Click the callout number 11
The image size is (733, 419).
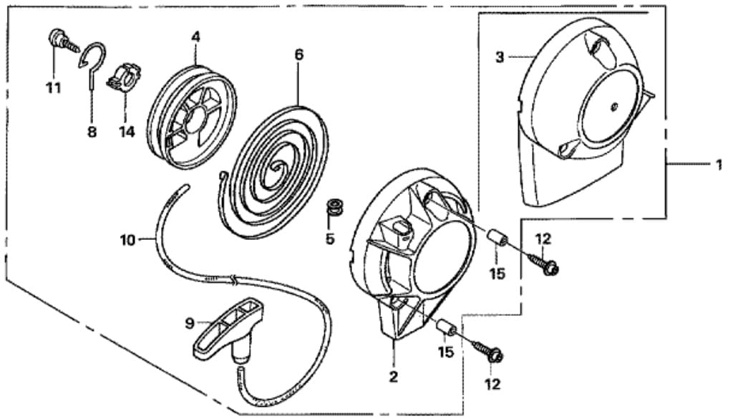pos(53,88)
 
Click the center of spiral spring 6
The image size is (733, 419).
pos(273,170)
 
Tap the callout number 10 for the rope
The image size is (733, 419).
pos(127,240)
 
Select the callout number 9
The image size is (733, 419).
pos(190,323)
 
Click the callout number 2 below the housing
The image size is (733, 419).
pos(393,375)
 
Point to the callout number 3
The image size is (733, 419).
pos(500,57)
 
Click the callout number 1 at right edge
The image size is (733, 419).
pos(718,164)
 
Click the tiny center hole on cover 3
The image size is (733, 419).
pos(615,107)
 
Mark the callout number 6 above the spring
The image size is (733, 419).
pos(298,54)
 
